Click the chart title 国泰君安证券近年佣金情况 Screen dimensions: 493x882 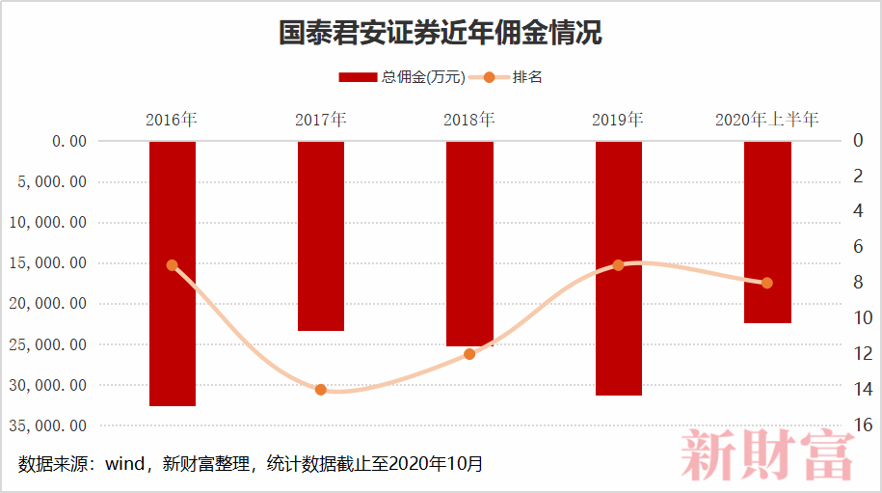pyautogui.click(x=441, y=34)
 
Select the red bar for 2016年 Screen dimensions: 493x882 pyautogui.click(x=173, y=273)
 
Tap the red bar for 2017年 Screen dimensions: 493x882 pyautogui.click(x=321, y=235)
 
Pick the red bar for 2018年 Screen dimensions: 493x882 pyautogui.click(x=469, y=243)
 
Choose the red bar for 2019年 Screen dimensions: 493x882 pyautogui.click(x=619, y=268)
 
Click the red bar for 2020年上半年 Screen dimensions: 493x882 pyautogui.click(x=767, y=232)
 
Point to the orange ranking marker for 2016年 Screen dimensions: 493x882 pyautogui.click(x=173, y=265)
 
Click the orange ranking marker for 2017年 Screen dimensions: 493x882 pyautogui.click(x=321, y=390)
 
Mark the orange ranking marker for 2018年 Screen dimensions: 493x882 pyautogui.click(x=469, y=354)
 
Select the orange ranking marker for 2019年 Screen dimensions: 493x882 pyautogui.click(x=619, y=265)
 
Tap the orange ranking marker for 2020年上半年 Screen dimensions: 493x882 pyautogui.click(x=767, y=283)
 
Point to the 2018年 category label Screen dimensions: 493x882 pyautogui.click(x=469, y=121)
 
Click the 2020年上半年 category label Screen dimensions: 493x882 pyautogui.click(x=767, y=121)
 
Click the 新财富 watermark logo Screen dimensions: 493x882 pyautogui.click(x=768, y=456)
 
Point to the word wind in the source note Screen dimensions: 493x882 pyautogui.click(x=123, y=464)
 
